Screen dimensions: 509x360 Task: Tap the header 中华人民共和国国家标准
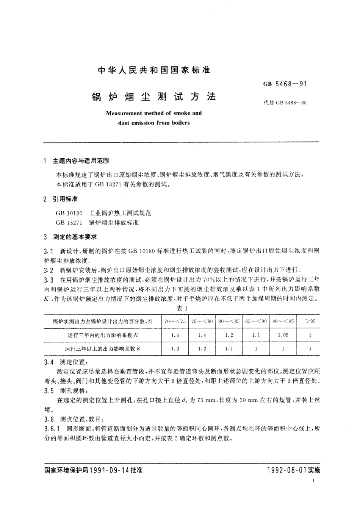click(154, 70)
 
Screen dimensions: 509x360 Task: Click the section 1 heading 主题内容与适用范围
click(81, 161)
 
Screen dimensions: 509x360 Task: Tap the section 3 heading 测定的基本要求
click(75, 237)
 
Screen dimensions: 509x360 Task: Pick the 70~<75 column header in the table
click(175, 321)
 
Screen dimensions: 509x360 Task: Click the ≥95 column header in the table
click(310, 321)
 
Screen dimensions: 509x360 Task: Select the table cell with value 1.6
click(175, 335)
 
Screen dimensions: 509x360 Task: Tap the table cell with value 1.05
click(283, 335)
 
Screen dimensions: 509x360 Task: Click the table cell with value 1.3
click(175, 349)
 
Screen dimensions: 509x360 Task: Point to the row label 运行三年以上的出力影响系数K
click(103, 349)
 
